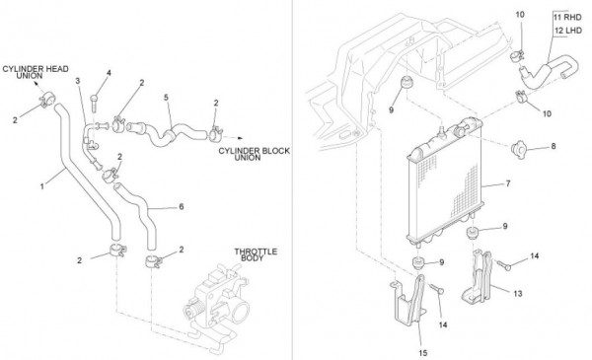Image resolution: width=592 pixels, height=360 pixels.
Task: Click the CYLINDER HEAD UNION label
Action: (x=36, y=72)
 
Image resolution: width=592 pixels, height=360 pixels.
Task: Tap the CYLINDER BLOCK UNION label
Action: (x=255, y=154)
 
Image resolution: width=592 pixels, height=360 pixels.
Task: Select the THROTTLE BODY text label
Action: (x=256, y=254)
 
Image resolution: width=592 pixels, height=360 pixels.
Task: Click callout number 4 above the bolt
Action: (x=109, y=73)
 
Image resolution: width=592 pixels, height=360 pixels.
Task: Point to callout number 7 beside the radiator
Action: (x=508, y=183)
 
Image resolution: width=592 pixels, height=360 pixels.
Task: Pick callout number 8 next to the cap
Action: (x=554, y=146)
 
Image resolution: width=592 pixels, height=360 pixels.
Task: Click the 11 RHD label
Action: (x=567, y=18)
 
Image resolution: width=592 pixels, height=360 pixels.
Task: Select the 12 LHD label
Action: (x=568, y=31)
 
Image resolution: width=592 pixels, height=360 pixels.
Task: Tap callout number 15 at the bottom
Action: (x=423, y=353)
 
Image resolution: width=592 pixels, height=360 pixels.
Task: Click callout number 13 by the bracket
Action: (x=518, y=293)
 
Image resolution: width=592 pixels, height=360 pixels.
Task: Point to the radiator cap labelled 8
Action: (x=519, y=150)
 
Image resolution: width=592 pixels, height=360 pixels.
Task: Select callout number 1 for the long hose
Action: (x=42, y=186)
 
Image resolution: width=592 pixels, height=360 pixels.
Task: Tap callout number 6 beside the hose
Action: (x=182, y=207)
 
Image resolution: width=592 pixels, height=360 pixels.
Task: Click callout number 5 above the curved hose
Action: (x=166, y=98)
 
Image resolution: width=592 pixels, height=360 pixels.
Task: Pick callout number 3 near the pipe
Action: (x=78, y=81)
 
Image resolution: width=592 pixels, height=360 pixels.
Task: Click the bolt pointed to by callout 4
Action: (x=94, y=103)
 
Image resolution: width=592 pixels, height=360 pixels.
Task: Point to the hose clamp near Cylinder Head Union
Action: (x=47, y=100)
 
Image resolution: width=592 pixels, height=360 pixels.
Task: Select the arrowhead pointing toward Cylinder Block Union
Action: (x=240, y=138)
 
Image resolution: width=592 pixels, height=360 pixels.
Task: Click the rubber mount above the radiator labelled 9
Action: (x=407, y=83)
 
